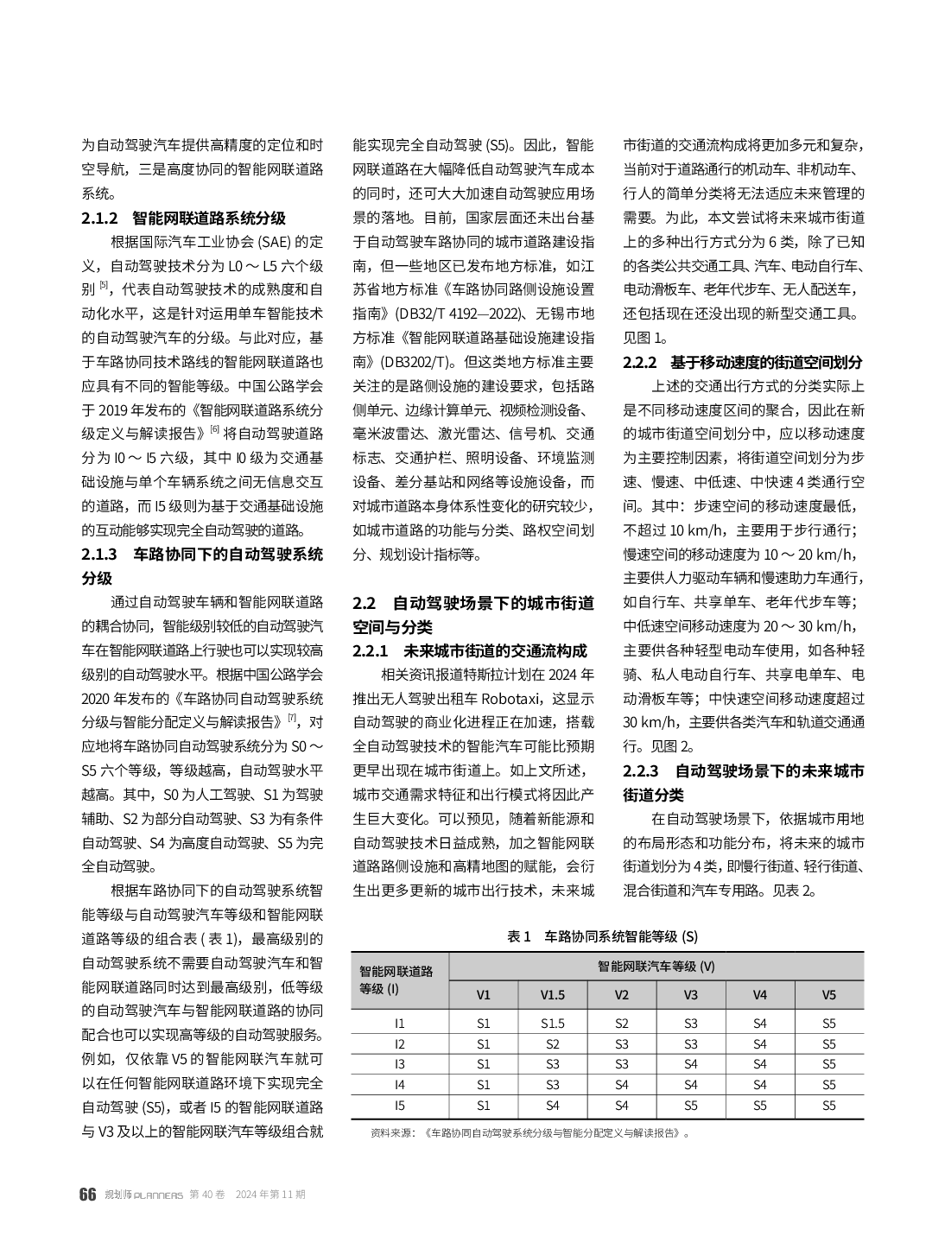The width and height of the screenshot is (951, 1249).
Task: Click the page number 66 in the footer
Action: pos(87,1195)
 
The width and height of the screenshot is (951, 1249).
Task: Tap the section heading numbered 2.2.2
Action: pos(743,363)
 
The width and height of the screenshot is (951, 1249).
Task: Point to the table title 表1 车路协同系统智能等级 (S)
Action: pos(602,936)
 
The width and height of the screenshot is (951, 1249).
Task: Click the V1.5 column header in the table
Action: pos(553,994)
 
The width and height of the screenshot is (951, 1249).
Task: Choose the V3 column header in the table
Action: pos(691,994)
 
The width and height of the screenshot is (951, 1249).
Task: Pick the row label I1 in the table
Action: pos(399,1023)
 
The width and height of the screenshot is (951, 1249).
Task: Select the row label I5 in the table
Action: pos(399,1105)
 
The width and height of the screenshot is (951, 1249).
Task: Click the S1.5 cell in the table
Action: pos(553,1023)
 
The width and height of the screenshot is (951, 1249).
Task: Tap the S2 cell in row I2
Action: pos(553,1043)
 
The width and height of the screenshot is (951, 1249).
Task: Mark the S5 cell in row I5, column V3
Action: pos(691,1105)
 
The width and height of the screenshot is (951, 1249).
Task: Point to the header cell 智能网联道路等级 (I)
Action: pos(397,980)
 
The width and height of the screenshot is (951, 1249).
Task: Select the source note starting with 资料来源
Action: pos(529,1133)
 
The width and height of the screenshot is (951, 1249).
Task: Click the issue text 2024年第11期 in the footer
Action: pos(269,1195)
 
